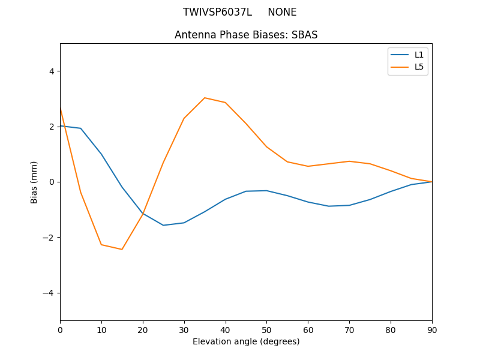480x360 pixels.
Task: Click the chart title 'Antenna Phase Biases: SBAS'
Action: tap(246, 35)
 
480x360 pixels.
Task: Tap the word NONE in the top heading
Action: tap(282, 12)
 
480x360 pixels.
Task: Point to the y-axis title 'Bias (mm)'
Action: tap(34, 182)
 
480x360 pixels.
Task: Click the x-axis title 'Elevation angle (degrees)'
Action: tap(246, 341)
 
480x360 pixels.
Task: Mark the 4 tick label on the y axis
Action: tap(51, 71)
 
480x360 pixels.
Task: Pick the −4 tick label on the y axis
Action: tap(49, 293)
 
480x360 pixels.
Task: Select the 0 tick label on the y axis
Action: tap(51, 182)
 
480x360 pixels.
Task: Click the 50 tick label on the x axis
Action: tap(266, 329)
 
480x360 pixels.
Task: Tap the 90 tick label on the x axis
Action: tap(432, 329)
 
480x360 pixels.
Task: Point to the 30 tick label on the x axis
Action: tap(184, 329)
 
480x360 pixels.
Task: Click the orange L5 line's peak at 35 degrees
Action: tap(205, 98)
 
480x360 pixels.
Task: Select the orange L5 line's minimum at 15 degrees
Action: tap(122, 249)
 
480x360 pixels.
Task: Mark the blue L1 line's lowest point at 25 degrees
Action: tap(163, 225)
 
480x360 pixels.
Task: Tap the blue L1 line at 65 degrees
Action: tap(329, 206)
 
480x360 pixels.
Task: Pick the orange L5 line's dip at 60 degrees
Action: tap(308, 166)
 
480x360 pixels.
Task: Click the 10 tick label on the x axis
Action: tap(101, 329)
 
